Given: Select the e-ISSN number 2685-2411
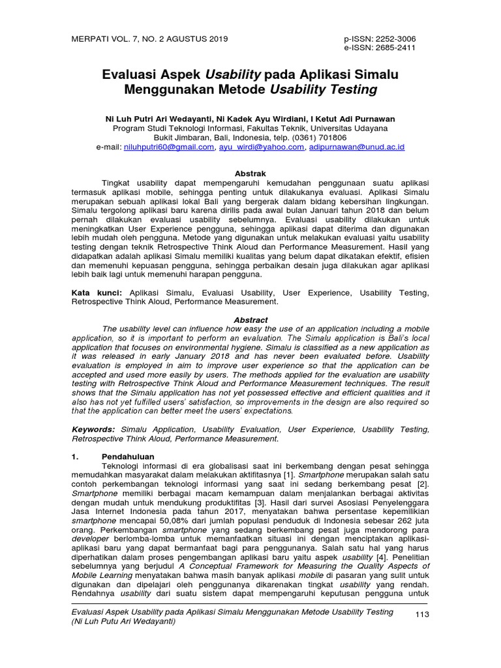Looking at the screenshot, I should coord(393,48).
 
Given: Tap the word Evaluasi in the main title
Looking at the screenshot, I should coord(132,74).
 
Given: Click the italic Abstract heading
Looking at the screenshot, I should coord(250,320).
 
